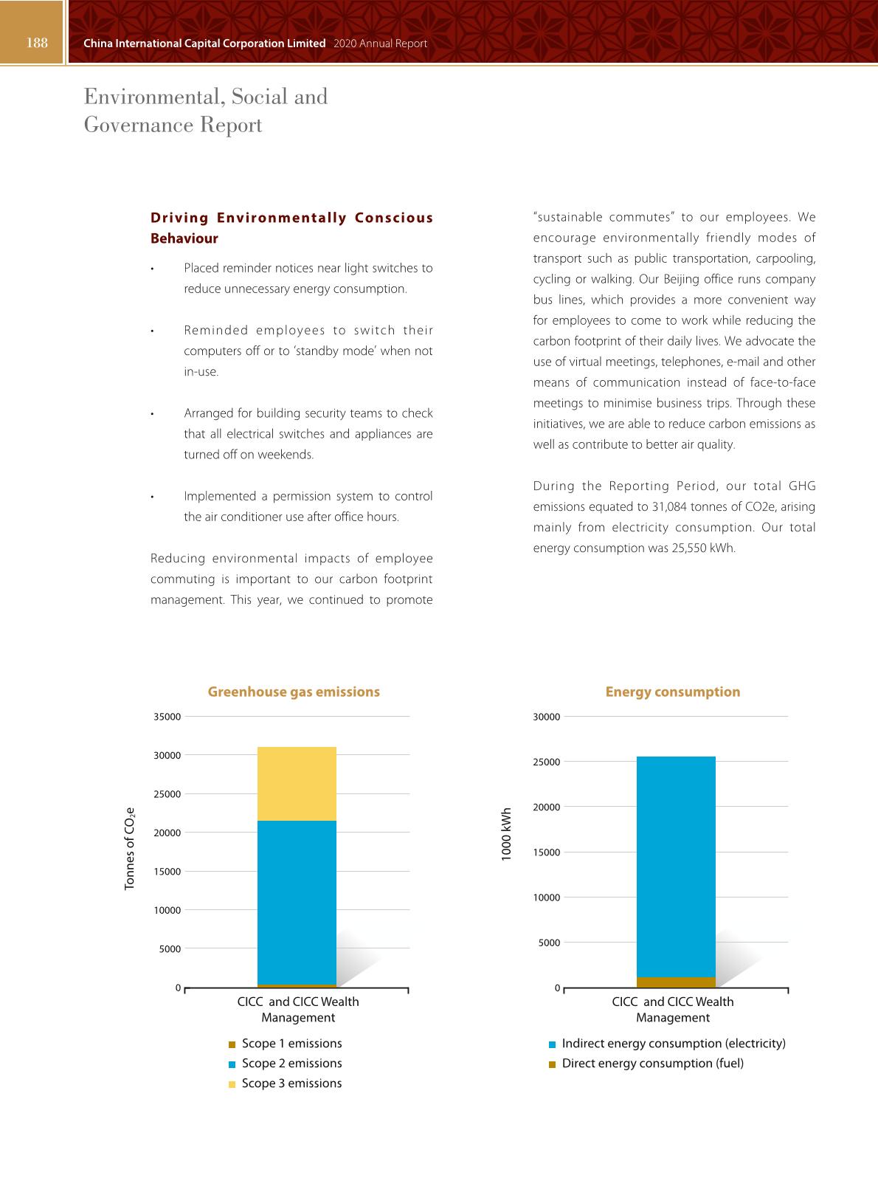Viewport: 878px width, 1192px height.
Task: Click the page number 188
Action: pos(37,43)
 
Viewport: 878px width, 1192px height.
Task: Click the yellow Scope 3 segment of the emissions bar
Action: pos(297,784)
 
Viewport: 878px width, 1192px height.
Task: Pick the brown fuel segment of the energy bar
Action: pos(676,982)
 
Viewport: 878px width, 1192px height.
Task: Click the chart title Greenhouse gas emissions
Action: pos(294,692)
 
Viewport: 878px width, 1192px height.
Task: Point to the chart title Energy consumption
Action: pos(672,692)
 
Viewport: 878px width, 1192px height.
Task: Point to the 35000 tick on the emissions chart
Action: pos(167,717)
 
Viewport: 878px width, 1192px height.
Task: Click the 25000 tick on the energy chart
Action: pos(547,762)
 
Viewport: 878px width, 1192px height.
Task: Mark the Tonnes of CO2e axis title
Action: pos(130,848)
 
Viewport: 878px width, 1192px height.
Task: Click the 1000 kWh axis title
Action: pos(506,834)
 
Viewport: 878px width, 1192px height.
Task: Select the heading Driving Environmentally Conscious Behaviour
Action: pos(291,227)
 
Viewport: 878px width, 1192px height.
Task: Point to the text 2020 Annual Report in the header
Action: pos(380,44)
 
